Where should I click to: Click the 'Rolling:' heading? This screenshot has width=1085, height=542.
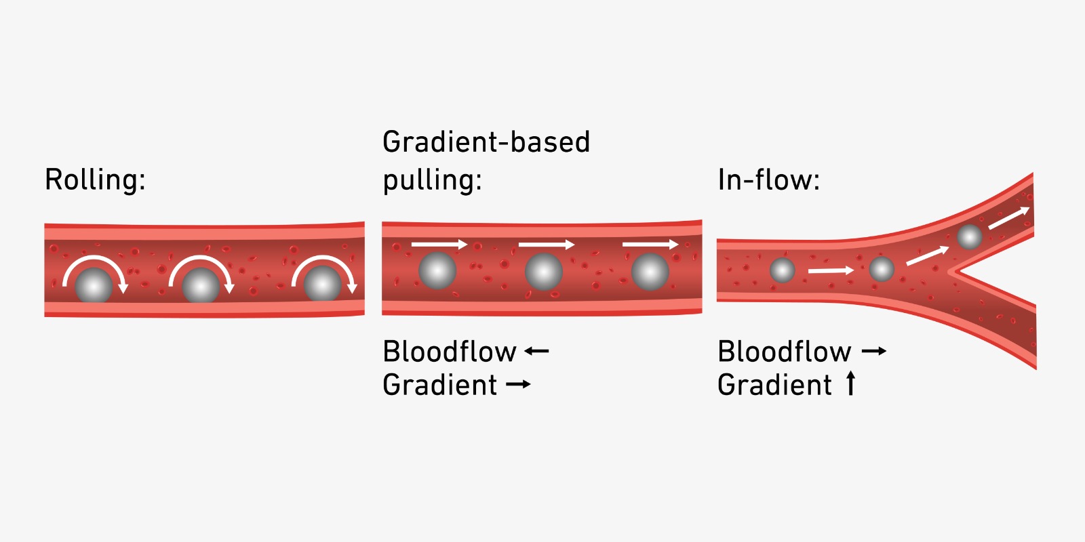point(95,180)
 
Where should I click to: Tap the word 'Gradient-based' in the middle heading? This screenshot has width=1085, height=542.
point(486,142)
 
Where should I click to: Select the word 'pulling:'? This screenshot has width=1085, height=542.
point(432,181)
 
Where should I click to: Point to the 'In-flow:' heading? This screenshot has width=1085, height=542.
point(768,180)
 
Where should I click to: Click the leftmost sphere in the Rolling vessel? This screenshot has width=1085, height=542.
point(94,285)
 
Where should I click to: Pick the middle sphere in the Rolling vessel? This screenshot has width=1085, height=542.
point(201,285)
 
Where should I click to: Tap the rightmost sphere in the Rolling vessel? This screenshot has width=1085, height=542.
point(322,284)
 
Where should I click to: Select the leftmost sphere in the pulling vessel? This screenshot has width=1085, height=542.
point(437,270)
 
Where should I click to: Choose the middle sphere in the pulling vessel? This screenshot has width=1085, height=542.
point(544,271)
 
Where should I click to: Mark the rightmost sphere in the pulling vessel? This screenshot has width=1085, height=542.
point(650,271)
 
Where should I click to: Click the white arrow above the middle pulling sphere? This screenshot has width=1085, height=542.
point(546,244)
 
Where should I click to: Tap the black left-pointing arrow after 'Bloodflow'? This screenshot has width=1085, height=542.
point(536,351)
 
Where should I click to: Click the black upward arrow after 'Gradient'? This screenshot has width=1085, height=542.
point(850,383)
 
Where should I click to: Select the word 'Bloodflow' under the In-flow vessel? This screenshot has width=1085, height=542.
point(784,352)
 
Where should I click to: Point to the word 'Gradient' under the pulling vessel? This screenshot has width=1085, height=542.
point(440,385)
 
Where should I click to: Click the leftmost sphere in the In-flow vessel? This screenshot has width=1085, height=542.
point(782,270)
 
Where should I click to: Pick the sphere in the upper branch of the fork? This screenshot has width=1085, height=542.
point(969,237)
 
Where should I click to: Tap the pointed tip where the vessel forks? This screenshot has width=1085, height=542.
point(951,272)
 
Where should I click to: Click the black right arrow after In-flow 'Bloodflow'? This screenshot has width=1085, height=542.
point(873,351)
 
